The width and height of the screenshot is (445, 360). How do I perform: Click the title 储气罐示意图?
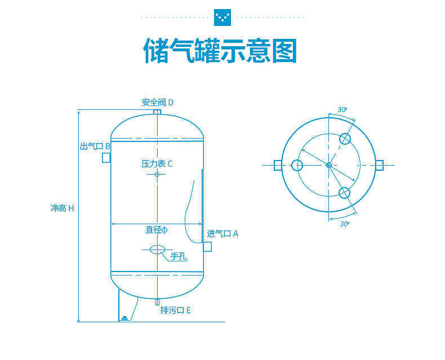220,51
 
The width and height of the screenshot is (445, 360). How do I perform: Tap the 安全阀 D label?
157,103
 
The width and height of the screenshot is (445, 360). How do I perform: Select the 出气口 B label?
95,146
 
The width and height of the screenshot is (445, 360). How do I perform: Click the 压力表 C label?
157,164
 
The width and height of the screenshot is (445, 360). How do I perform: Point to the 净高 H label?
62,208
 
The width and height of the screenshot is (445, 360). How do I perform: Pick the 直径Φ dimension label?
157,230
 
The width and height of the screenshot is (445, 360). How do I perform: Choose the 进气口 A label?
222,234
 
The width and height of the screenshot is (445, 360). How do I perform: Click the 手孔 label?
178,256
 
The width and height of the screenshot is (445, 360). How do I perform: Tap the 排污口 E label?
176,310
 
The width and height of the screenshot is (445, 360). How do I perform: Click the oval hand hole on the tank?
157,249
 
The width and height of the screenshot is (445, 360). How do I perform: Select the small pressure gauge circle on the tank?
157,175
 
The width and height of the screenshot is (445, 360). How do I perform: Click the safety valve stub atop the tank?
157,112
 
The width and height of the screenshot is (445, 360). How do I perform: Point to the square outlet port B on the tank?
106,158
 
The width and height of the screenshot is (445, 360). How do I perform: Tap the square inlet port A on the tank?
207,247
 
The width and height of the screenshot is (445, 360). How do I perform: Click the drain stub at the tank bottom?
157,301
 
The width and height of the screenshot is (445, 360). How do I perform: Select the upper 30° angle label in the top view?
342,109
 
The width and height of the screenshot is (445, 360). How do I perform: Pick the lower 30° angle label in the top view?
344,224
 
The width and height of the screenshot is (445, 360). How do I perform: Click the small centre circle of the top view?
328,165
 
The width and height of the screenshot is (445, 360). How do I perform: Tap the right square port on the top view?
379,165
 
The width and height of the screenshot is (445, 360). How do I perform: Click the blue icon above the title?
222,17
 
